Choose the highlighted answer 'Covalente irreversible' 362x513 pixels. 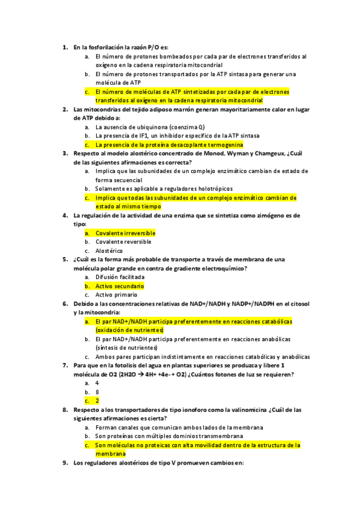click(x=125, y=233)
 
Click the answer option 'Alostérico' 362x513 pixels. click(x=109, y=250)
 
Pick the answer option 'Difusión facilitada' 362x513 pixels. click(x=120, y=277)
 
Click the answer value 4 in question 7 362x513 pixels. click(x=97, y=383)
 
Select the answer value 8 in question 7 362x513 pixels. click(x=97, y=392)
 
